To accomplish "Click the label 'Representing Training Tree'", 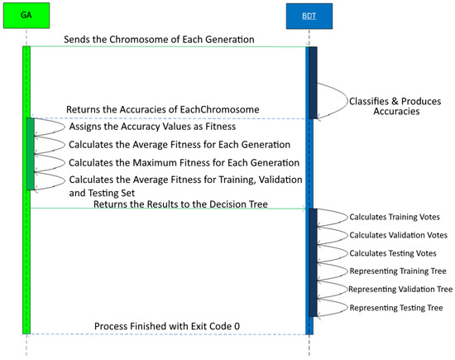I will pyautogui.click(x=399, y=271).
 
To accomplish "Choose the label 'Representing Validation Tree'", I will pyautogui.click(x=400, y=289).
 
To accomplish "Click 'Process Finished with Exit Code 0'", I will pyautogui.click(x=166, y=326).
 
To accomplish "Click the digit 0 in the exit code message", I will pyautogui.click(x=237, y=326).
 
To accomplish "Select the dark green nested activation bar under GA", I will pyautogui.click(x=31, y=154).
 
